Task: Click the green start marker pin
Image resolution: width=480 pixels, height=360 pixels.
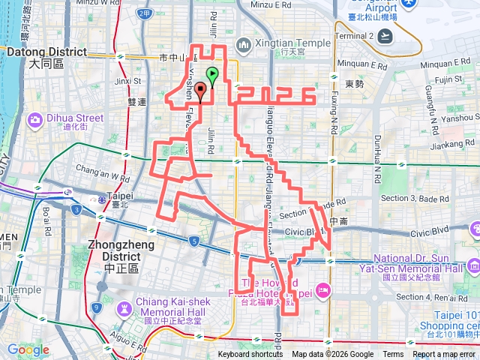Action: coord(212,75)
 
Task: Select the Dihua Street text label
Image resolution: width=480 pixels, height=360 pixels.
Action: coord(77,118)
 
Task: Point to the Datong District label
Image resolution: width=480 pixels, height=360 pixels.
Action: coord(46,52)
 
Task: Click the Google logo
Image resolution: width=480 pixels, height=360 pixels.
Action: coord(28,349)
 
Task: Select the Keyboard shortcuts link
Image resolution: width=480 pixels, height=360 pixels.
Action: coord(250,355)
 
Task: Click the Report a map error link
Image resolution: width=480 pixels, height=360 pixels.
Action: coord(444,355)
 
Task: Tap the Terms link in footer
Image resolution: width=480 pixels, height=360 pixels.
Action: coord(393,355)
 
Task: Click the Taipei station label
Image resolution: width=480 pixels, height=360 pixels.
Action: coord(121,196)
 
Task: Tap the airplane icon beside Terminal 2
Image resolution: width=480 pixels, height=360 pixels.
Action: coord(385,35)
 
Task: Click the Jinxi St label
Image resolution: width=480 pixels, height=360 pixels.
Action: coord(128,79)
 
